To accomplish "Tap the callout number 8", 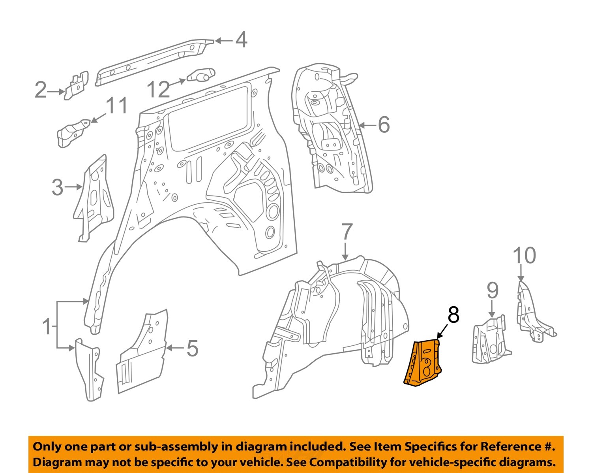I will (x=453, y=315).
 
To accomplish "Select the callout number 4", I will (x=241, y=40).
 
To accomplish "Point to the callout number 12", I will (x=158, y=90).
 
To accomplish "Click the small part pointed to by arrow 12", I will (x=200, y=75).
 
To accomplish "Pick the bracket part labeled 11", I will (x=72, y=131).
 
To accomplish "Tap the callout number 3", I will (x=57, y=187).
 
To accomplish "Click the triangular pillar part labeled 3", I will (x=94, y=198).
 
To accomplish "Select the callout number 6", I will (x=384, y=124).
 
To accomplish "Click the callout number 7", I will (x=346, y=232).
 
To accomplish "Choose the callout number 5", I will (x=192, y=348).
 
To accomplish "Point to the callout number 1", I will (x=47, y=326).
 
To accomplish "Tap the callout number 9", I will (x=492, y=291).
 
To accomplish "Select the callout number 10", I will (x=524, y=256).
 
